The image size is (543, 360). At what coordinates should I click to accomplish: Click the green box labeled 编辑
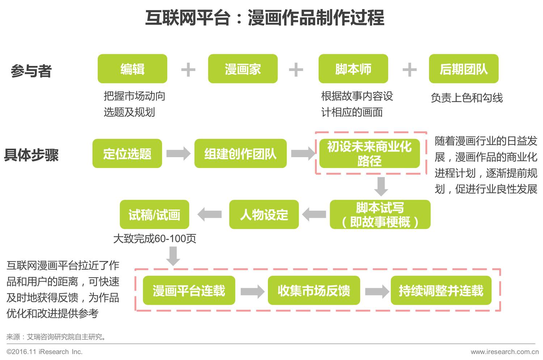(132, 69)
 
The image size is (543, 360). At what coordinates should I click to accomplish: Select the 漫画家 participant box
(243, 69)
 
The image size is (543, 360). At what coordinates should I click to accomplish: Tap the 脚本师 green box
(353, 69)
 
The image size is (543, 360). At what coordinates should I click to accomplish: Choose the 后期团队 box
(463, 69)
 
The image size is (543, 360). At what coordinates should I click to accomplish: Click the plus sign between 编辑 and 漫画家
(188, 70)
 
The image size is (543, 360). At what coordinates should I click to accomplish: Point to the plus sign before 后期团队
(409, 70)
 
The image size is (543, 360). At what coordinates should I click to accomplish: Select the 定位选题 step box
(127, 154)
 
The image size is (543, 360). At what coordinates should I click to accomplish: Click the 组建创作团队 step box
(240, 154)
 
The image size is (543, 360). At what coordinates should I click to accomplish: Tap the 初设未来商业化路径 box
(369, 154)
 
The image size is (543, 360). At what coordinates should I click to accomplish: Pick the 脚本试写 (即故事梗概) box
(380, 214)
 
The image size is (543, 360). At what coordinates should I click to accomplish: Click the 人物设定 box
(264, 214)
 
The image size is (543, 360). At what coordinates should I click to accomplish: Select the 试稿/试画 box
(154, 214)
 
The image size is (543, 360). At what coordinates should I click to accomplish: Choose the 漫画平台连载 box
(189, 290)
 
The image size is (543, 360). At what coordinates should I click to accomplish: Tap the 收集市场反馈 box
(313, 290)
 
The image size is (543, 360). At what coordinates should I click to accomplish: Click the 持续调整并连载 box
(441, 290)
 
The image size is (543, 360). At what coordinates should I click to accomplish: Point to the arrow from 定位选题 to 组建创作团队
(178, 154)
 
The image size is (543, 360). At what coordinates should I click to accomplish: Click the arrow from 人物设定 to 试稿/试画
(210, 214)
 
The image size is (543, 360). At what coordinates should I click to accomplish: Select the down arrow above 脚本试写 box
(381, 186)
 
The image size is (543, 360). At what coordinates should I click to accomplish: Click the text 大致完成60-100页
(155, 239)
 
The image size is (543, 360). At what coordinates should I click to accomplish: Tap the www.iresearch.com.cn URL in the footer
(504, 352)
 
